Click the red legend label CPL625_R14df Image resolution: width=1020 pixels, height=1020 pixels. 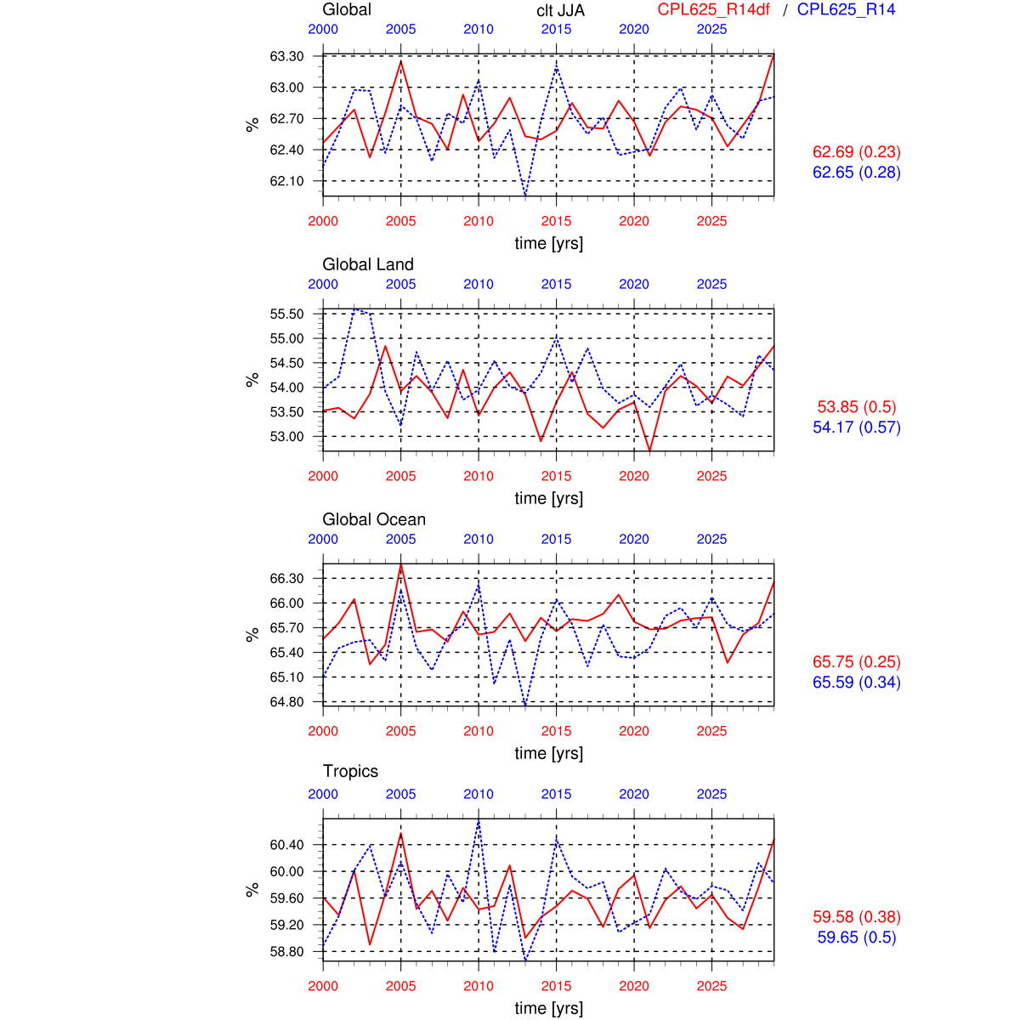[x=714, y=9]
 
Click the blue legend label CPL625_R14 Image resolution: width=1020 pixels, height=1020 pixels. [x=846, y=9]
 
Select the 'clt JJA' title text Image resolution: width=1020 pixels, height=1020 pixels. [x=561, y=10]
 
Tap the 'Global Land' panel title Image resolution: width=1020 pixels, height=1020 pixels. [x=368, y=264]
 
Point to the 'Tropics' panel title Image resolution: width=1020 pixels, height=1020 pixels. [x=350, y=771]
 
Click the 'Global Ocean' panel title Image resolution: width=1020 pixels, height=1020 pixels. [x=374, y=519]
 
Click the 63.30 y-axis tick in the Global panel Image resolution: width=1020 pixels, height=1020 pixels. [x=286, y=57]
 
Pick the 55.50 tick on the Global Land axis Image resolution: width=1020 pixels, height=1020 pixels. [x=286, y=314]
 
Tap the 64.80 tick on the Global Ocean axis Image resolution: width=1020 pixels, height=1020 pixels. [x=286, y=702]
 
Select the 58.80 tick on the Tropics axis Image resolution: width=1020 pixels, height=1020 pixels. [x=286, y=952]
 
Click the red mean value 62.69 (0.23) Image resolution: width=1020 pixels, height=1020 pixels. [x=857, y=152]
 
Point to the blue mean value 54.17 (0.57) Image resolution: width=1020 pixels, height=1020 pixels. [x=857, y=428]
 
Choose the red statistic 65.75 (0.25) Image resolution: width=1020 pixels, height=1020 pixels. [x=857, y=662]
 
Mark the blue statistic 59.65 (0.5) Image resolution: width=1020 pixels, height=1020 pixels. [x=857, y=938]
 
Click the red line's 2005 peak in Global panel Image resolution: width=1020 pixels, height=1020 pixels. [x=401, y=60]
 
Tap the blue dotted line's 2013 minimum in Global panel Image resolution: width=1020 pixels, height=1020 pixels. [x=525, y=195]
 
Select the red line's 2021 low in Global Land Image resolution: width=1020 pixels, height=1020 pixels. [x=650, y=450]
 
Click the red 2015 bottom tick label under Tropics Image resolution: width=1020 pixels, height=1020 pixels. [x=557, y=986]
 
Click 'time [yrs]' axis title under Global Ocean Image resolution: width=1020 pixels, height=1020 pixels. [x=549, y=753]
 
